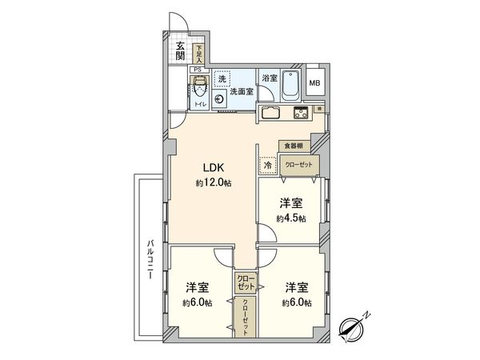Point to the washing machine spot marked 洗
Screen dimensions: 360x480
point(222,78)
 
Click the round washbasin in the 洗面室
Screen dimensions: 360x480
point(218,100)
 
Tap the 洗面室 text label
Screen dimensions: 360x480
point(242,92)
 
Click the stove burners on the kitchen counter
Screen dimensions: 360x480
point(301,112)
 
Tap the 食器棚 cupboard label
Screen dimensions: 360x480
point(292,146)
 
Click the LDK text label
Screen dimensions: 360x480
point(212,168)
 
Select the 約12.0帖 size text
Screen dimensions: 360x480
point(213,183)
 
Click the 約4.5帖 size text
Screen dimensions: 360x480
point(290,218)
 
